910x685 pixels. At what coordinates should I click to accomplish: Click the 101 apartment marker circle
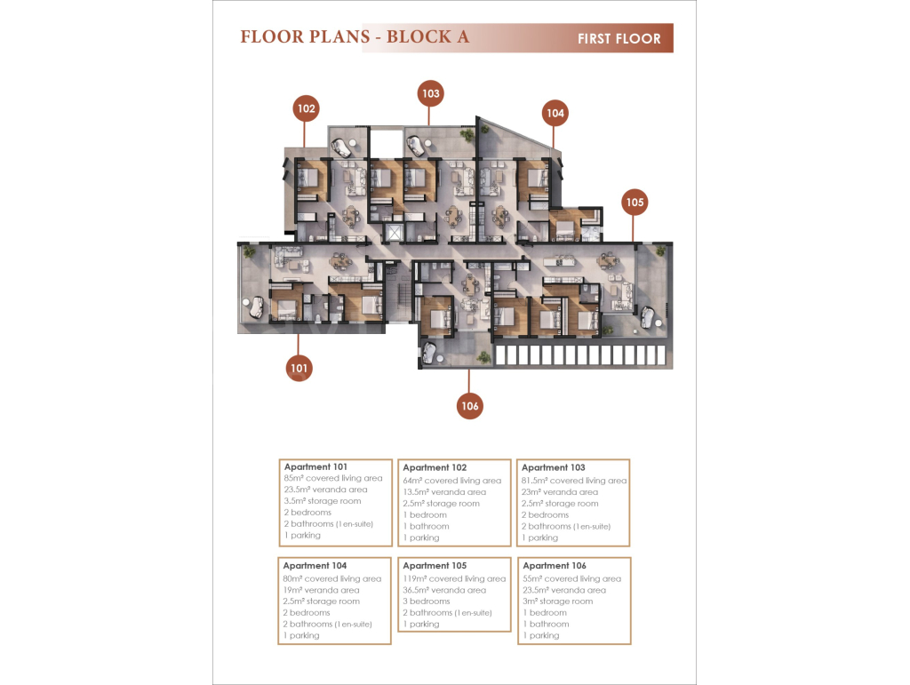click(x=299, y=368)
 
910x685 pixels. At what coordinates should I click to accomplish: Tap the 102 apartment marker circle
click(x=306, y=108)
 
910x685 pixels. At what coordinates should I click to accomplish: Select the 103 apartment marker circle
click(x=430, y=93)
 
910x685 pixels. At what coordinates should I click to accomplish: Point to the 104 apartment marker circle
click(x=555, y=113)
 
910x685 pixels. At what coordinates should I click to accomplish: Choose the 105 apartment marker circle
click(x=635, y=203)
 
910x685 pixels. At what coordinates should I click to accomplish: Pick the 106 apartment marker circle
click(x=469, y=406)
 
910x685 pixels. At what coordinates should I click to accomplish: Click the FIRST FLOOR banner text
click(x=619, y=39)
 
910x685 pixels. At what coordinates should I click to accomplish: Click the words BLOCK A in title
click(x=427, y=36)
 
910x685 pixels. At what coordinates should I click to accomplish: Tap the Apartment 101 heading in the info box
click(x=315, y=467)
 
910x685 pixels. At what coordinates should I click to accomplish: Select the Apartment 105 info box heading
click(x=435, y=566)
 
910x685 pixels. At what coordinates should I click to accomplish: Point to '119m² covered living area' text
click(x=454, y=579)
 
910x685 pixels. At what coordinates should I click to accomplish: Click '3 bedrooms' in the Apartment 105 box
click(x=427, y=601)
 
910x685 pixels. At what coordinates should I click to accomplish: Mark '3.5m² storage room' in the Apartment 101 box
click(x=323, y=501)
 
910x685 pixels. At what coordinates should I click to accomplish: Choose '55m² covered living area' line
click(x=571, y=579)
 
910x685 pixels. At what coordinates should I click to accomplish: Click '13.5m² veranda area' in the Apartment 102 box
click(x=444, y=492)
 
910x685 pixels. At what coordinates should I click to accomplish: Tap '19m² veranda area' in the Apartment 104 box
click(x=321, y=591)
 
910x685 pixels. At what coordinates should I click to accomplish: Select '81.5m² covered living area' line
click(x=574, y=481)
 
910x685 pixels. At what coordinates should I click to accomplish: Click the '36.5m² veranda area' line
click(x=444, y=591)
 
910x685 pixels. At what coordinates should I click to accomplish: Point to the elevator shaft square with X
click(x=394, y=233)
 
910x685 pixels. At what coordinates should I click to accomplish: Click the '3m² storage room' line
click(x=558, y=601)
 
